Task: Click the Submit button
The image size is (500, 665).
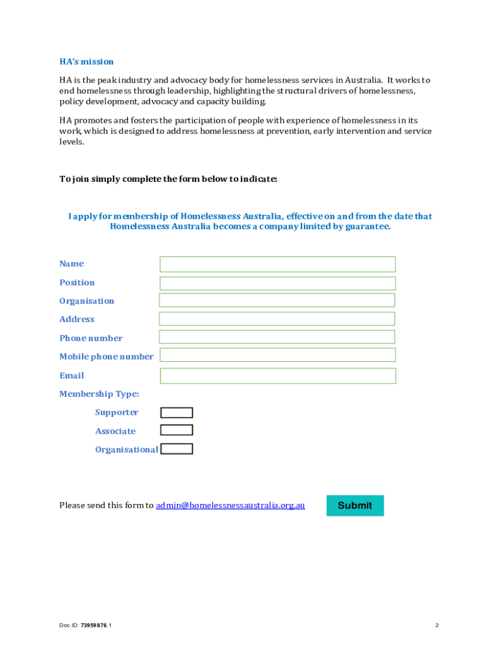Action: click(x=355, y=505)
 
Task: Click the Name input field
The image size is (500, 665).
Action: click(x=277, y=264)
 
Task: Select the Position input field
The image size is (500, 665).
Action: click(x=277, y=283)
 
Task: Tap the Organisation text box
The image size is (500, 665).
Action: click(x=277, y=300)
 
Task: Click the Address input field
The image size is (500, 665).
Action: click(x=277, y=319)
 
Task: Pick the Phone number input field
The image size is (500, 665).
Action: click(x=277, y=337)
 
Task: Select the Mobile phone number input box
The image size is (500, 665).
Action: click(x=277, y=355)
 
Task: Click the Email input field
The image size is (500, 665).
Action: click(x=277, y=376)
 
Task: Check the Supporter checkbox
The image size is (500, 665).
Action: click(x=177, y=412)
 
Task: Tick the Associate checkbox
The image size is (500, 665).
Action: click(x=177, y=430)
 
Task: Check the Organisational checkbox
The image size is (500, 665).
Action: click(x=177, y=449)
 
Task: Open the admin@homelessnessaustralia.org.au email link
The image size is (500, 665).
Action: click(x=230, y=505)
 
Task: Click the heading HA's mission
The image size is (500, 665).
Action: click(x=86, y=62)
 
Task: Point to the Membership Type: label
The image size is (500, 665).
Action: click(x=99, y=394)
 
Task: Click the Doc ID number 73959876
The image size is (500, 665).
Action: click(x=94, y=625)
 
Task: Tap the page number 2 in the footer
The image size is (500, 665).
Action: click(x=437, y=625)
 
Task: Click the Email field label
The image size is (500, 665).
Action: click(x=71, y=375)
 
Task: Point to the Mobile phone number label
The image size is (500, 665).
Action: click(x=106, y=357)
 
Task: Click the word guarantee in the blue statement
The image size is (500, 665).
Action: click(x=368, y=227)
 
